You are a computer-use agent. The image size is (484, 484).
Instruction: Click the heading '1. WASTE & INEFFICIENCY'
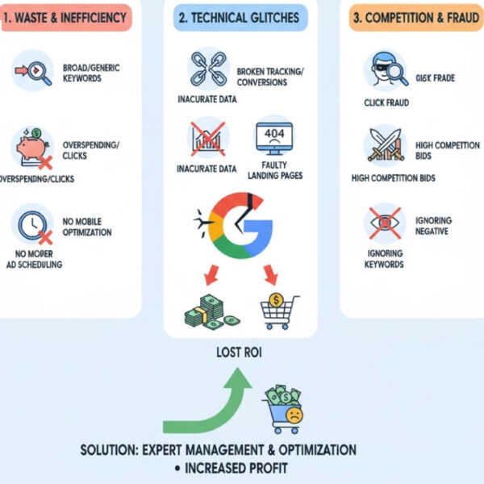pos(66,17)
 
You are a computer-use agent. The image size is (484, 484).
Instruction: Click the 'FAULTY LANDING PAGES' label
pos(279,170)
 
